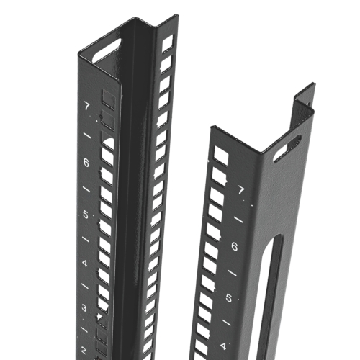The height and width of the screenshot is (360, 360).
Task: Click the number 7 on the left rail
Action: (86, 107)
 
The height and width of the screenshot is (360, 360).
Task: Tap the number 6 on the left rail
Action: (86, 163)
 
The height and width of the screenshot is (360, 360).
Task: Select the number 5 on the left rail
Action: (86, 215)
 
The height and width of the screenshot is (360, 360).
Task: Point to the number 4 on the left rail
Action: (85, 264)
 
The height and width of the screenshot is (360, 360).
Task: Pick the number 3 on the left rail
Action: (84, 308)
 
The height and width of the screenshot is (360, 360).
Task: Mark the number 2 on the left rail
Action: (84, 351)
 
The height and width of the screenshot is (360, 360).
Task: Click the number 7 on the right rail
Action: (241, 191)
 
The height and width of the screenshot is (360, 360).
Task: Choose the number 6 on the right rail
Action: (235, 246)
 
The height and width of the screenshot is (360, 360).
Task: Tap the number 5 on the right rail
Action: (229, 298)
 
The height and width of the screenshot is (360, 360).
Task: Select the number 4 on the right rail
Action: (223, 346)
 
